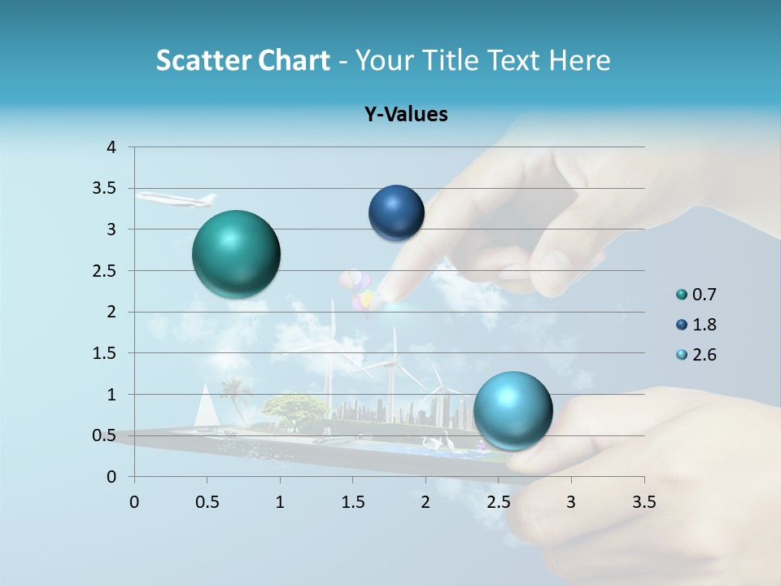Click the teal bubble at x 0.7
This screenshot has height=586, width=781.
pos(236,254)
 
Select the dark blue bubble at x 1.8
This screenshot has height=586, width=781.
pos(396,213)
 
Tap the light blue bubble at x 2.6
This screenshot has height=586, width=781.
pos(513,410)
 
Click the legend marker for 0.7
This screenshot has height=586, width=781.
pos(682,295)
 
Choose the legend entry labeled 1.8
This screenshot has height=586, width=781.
pos(703,325)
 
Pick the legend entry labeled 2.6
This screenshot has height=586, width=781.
pos(703,355)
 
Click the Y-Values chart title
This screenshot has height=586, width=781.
pos(406,115)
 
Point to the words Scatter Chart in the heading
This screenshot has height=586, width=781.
pos(242,60)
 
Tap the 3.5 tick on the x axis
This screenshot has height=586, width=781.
pos(644,501)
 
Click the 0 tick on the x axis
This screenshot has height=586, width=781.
pos(134,501)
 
